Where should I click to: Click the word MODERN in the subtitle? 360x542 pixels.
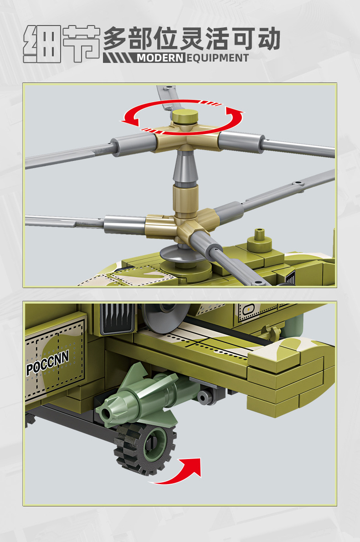pos(160,58)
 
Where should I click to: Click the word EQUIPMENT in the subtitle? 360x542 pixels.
pos(218,58)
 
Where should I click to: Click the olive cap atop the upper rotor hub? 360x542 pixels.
pos(185,116)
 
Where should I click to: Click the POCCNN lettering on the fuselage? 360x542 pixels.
pos(47,362)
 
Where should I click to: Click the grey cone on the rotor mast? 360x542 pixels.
pos(186,166)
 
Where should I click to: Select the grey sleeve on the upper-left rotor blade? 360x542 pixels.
pos(133,145)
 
